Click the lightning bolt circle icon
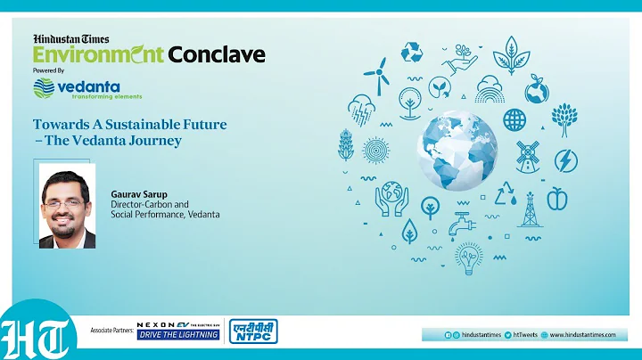(x=565, y=160)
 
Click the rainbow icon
(x=490, y=90)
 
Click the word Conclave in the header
(x=217, y=54)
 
